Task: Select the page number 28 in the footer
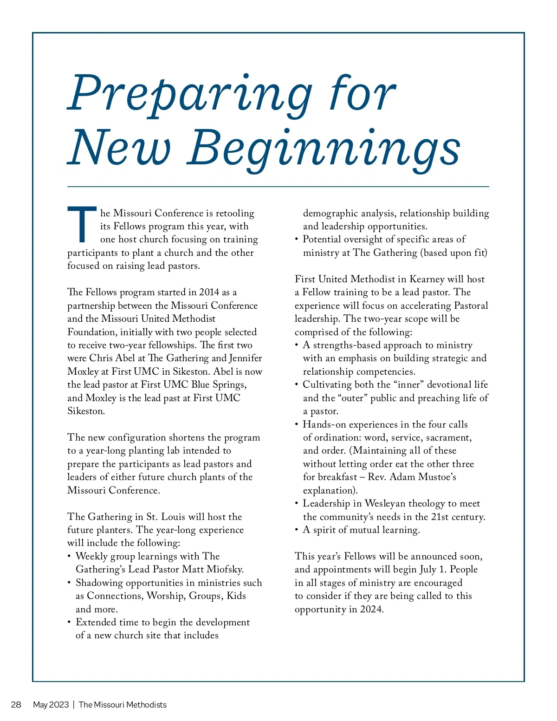click(16, 705)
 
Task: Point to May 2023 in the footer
click(51, 705)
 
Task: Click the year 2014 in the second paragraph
click(209, 292)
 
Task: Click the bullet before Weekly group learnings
click(69, 556)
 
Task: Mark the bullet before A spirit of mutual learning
click(297, 530)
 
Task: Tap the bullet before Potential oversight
click(297, 240)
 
